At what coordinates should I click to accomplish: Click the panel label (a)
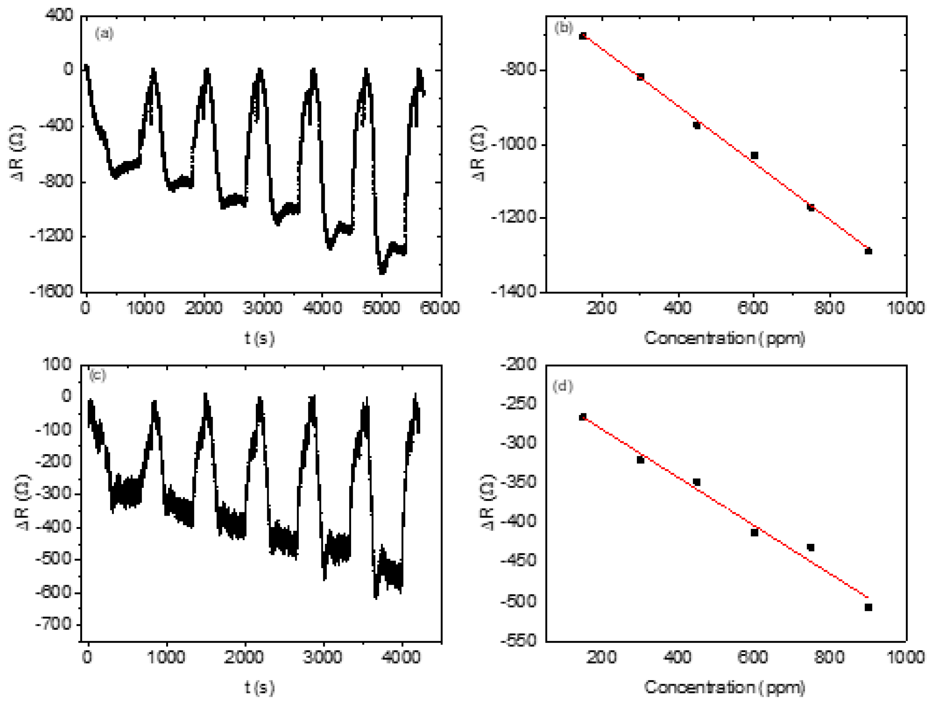104,33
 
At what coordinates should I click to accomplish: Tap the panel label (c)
97,375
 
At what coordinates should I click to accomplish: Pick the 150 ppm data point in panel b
582,36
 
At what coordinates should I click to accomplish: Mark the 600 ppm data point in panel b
754,155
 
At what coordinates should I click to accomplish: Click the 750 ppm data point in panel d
810,548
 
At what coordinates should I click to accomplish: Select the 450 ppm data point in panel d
697,482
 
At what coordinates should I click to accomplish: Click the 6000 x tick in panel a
440,308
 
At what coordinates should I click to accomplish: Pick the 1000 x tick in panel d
906,657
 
